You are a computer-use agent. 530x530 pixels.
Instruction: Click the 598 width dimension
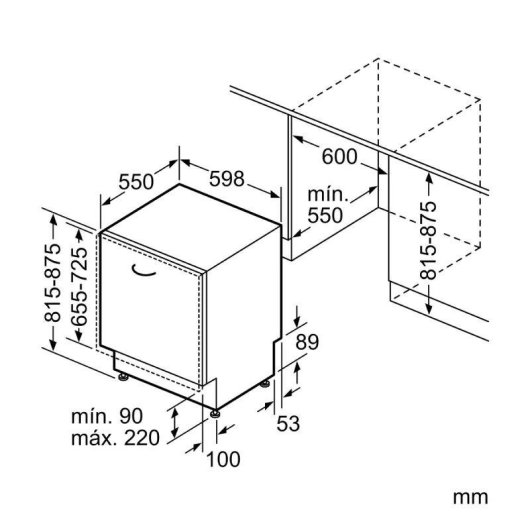pos(226,178)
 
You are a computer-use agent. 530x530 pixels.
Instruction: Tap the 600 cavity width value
pos(339,156)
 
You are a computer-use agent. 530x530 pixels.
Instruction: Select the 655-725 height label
pos(80,286)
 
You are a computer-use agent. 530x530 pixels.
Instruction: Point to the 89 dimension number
pos(307,342)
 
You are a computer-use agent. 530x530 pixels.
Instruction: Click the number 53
pos(288,424)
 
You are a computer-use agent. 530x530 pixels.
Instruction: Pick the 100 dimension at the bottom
pos(223,459)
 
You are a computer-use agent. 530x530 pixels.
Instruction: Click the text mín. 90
pos(107,416)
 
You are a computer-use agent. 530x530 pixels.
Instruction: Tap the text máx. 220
pos(115,438)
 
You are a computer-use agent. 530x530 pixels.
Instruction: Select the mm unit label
pos(470,498)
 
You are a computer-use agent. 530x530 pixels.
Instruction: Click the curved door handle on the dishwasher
pos(143,270)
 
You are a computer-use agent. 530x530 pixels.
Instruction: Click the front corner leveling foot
pos(215,414)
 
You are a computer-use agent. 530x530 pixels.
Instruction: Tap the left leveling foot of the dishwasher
pos(123,377)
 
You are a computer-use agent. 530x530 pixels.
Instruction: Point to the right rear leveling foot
pos(265,384)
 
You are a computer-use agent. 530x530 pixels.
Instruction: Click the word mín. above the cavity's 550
pos(328,195)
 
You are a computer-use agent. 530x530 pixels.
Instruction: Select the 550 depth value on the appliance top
pos(136,182)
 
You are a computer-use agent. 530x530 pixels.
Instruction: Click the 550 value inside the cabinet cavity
pos(325,216)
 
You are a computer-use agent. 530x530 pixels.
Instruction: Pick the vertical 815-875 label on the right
pos(428,240)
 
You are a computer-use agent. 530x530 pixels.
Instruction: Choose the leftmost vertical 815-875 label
pos(52,282)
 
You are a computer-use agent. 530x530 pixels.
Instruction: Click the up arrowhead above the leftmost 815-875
pos(53,220)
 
